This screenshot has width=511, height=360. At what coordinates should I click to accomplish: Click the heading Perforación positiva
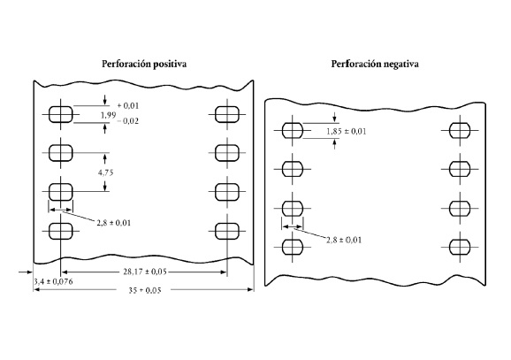(x=144, y=64)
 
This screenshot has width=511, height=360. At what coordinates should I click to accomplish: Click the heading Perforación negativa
(x=375, y=64)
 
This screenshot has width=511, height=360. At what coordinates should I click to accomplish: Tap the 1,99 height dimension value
(x=108, y=115)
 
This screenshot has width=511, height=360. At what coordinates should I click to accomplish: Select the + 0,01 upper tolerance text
(x=128, y=105)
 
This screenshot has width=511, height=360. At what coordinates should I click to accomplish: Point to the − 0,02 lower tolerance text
(x=127, y=121)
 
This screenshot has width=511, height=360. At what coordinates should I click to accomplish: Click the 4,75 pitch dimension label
(x=105, y=172)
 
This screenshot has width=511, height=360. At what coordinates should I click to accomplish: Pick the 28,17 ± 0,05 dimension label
(x=145, y=272)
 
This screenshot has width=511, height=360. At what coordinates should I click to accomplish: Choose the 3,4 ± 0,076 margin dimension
(x=54, y=282)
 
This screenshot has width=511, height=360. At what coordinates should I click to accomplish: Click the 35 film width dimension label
(x=145, y=290)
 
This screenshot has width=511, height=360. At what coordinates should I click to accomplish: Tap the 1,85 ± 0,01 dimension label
(x=347, y=132)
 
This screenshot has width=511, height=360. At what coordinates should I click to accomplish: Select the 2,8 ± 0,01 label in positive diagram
(x=114, y=223)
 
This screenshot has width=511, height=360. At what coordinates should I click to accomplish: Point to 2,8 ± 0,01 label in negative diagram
(x=344, y=240)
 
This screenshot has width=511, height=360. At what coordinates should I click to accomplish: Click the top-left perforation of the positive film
(x=61, y=114)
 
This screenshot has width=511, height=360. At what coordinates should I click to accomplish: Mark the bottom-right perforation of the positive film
(x=227, y=231)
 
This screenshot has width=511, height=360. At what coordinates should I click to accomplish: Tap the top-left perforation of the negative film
(x=293, y=131)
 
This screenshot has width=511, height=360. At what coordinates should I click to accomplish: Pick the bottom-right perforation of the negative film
(x=460, y=247)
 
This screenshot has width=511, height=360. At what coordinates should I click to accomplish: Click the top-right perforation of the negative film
(x=460, y=131)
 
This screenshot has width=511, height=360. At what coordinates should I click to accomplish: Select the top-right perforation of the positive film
(x=227, y=114)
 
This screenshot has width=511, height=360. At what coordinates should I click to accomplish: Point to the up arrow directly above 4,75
(x=104, y=159)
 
